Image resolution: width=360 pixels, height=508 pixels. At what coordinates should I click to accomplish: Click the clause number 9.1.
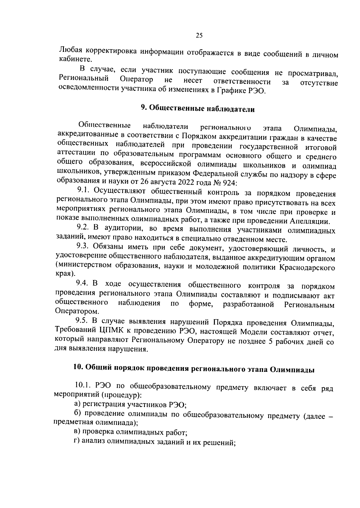pyautogui.click(x=84, y=190)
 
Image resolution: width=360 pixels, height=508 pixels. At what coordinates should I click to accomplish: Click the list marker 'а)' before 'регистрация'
pyautogui.click(x=77, y=405)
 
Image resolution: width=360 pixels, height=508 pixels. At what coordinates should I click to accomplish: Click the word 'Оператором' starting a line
pyautogui.click(x=77, y=311)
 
